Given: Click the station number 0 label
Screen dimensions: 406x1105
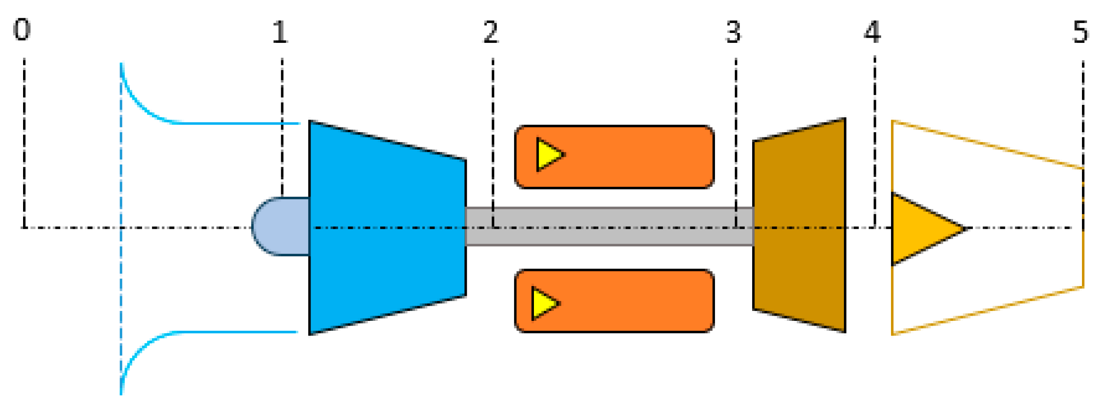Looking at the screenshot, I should pyautogui.click(x=22, y=30).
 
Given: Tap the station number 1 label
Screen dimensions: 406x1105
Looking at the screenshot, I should pyautogui.click(x=280, y=32).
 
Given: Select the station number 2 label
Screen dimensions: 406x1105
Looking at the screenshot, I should pyautogui.click(x=491, y=32).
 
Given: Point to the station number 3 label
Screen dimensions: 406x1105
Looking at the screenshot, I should pyautogui.click(x=733, y=32).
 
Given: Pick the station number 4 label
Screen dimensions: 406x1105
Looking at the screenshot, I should pyautogui.click(x=872, y=32).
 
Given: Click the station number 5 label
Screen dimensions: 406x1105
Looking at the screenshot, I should pyautogui.click(x=1080, y=32).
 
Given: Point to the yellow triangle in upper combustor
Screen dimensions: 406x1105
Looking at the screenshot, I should pyautogui.click(x=548, y=155).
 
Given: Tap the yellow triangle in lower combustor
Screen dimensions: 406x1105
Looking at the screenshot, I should pyautogui.click(x=543, y=303).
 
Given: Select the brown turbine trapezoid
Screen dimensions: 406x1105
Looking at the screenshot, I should pyautogui.click(x=800, y=226).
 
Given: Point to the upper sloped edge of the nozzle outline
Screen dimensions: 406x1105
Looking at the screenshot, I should pyautogui.click(x=988, y=144).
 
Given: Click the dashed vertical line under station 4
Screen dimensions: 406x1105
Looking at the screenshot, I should pyautogui.click(x=874, y=141).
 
